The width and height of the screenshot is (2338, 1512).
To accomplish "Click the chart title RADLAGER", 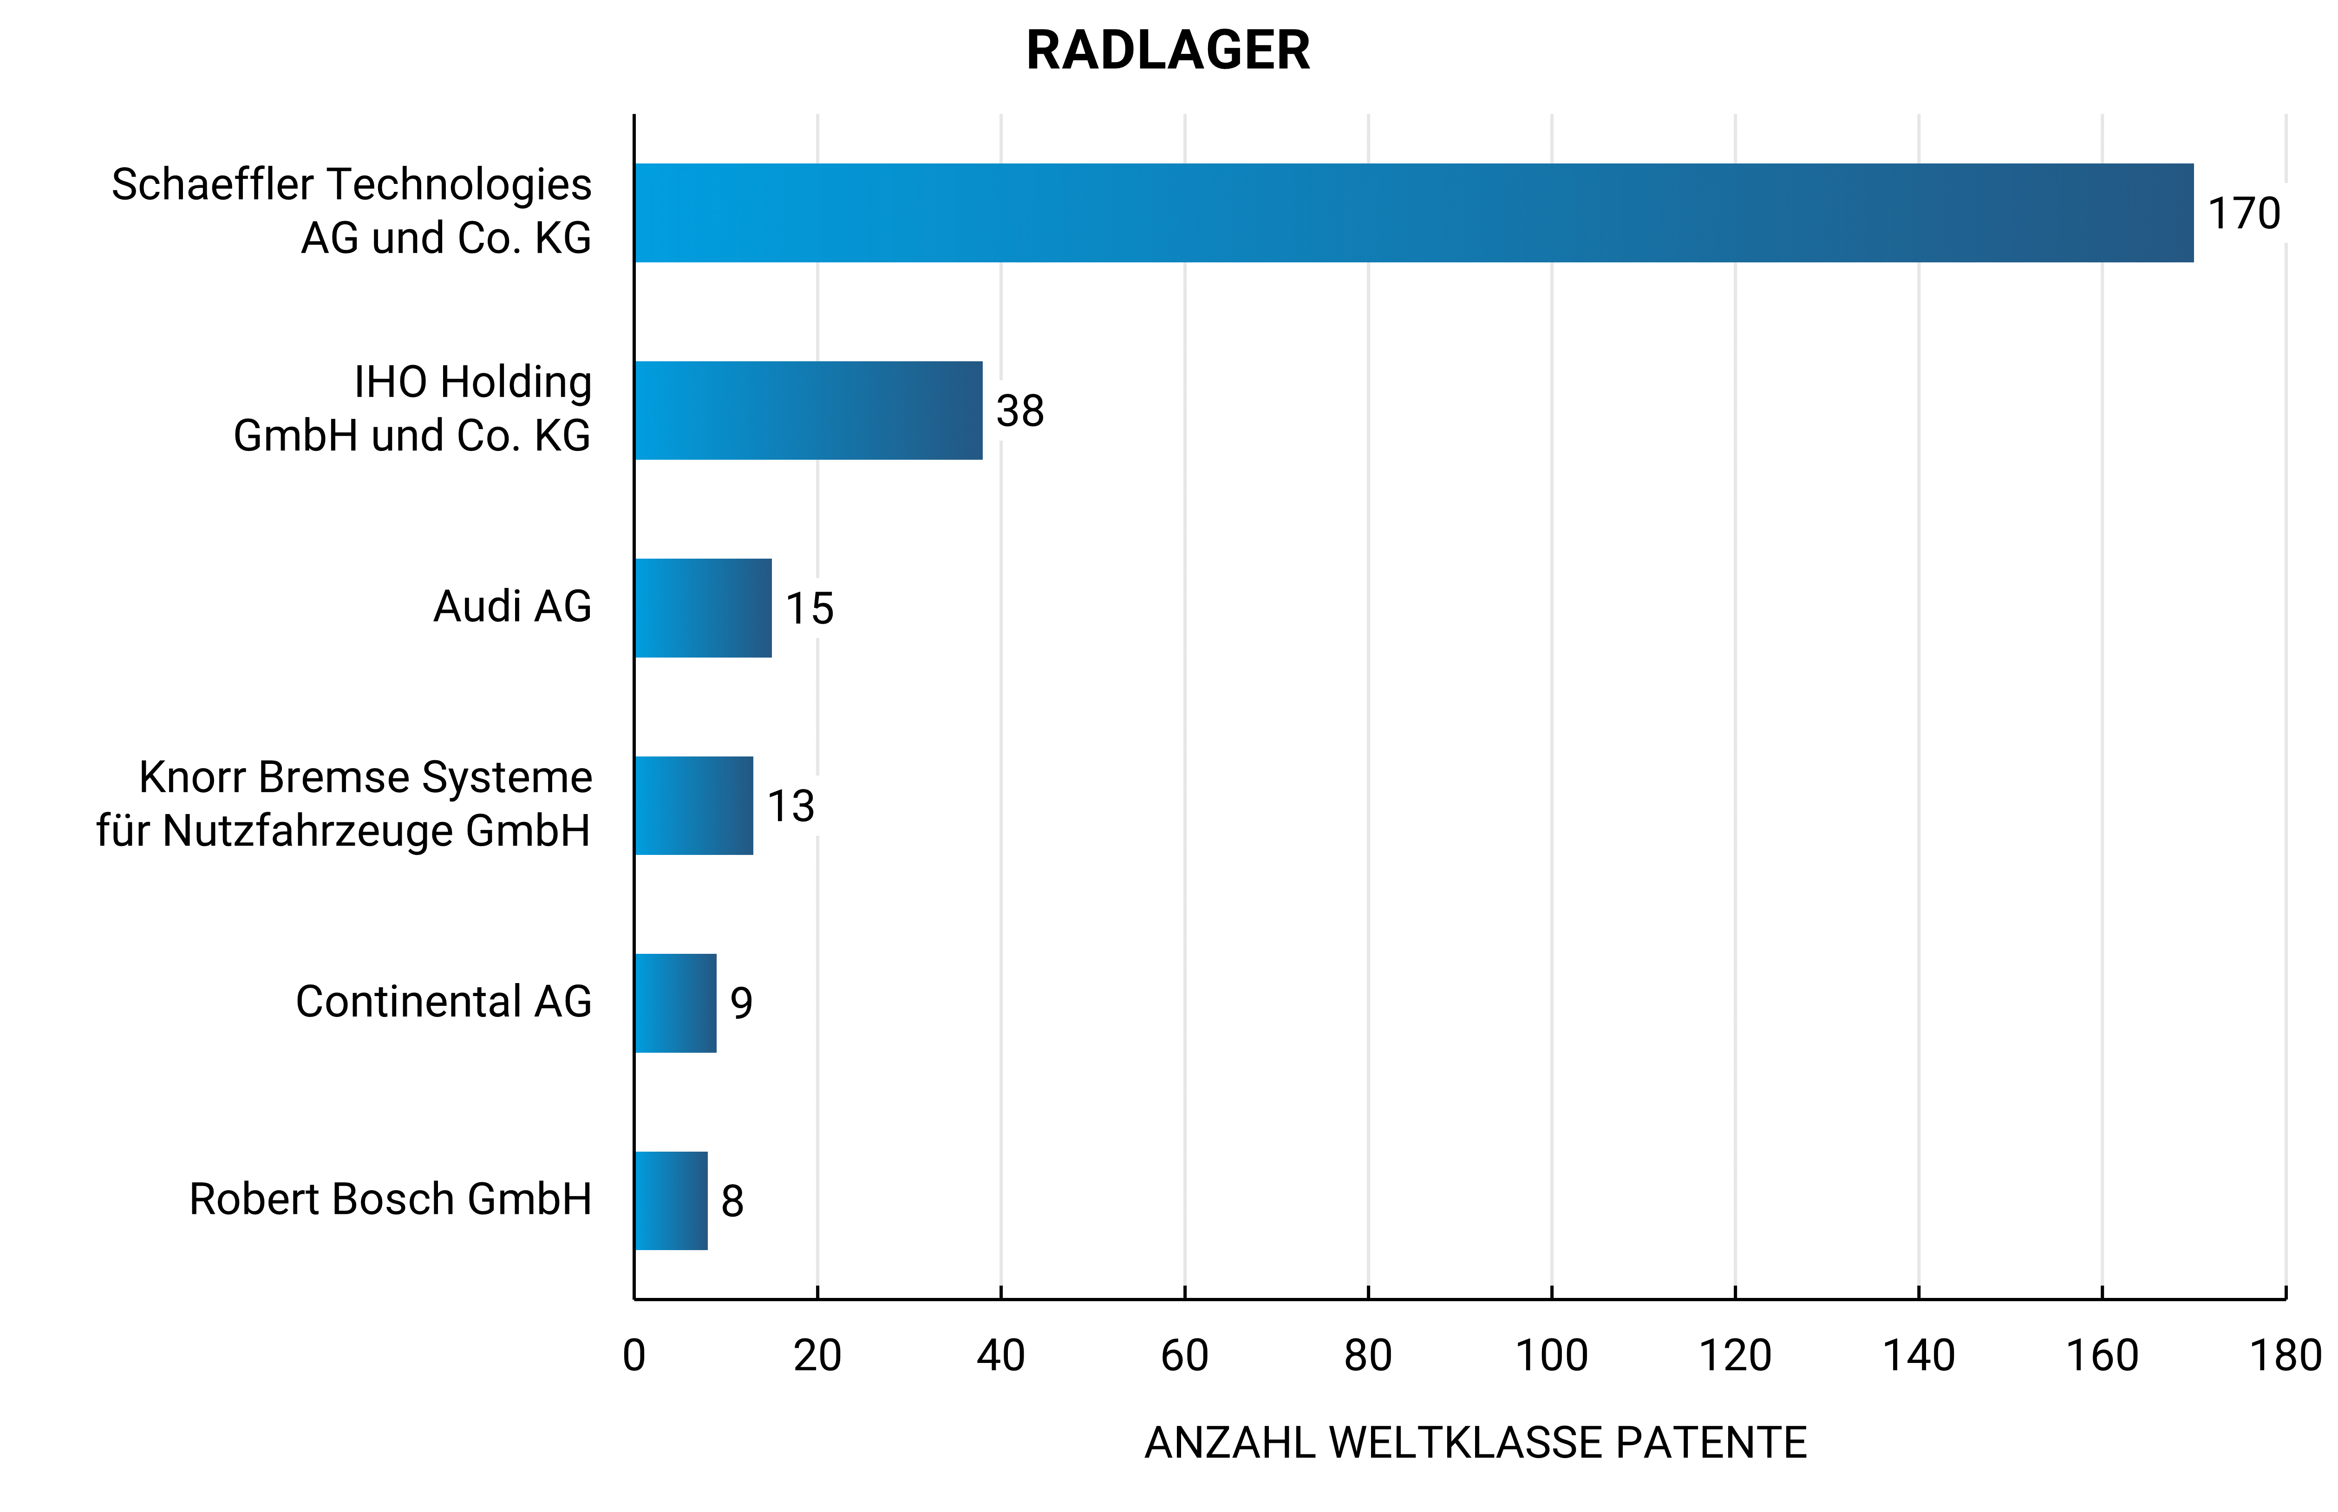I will [x=1168, y=51].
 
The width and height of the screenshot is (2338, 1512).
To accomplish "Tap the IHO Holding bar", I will [x=808, y=411].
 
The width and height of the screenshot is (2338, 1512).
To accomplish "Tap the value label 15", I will [x=809, y=609].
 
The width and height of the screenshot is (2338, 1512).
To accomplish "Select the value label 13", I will [x=790, y=806].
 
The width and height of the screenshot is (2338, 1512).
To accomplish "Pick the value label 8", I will [x=731, y=1201].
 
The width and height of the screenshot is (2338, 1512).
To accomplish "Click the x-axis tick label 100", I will [x=1551, y=1356].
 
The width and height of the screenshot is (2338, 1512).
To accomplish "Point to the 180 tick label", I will [x=2285, y=1356].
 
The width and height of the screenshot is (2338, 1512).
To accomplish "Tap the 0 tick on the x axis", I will [x=634, y=1356].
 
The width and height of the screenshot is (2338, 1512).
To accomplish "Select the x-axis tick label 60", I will [x=1184, y=1356].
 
